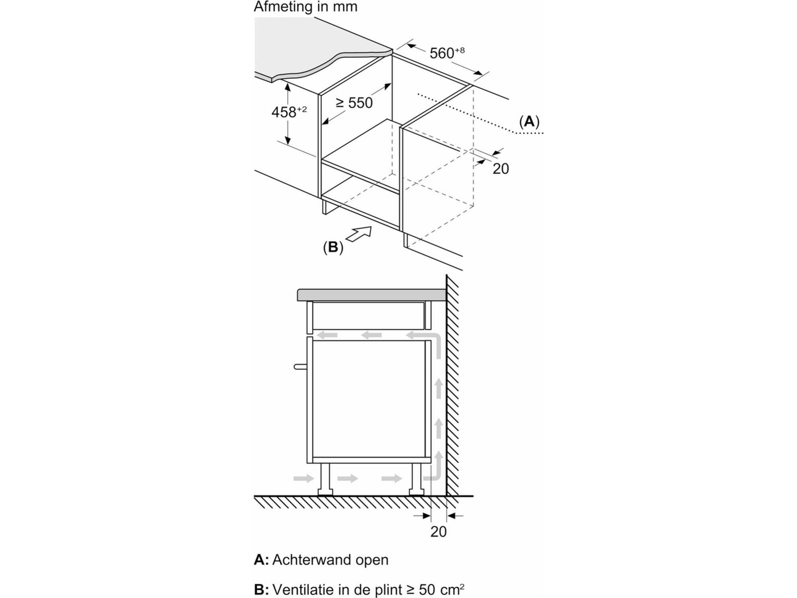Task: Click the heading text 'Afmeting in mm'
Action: [306, 7]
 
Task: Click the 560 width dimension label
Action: [447, 53]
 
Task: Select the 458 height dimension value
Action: [289, 112]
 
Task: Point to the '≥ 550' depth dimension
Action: [354, 103]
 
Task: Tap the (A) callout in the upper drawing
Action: [529, 121]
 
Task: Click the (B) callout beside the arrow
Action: [333, 247]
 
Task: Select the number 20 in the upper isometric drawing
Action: [501, 169]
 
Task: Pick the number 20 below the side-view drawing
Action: [438, 531]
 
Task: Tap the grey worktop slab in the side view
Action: [371, 295]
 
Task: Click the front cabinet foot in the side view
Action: [325, 479]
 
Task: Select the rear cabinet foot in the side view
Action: [416, 479]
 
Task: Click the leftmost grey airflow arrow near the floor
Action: [304, 478]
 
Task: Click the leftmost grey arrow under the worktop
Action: [327, 335]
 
